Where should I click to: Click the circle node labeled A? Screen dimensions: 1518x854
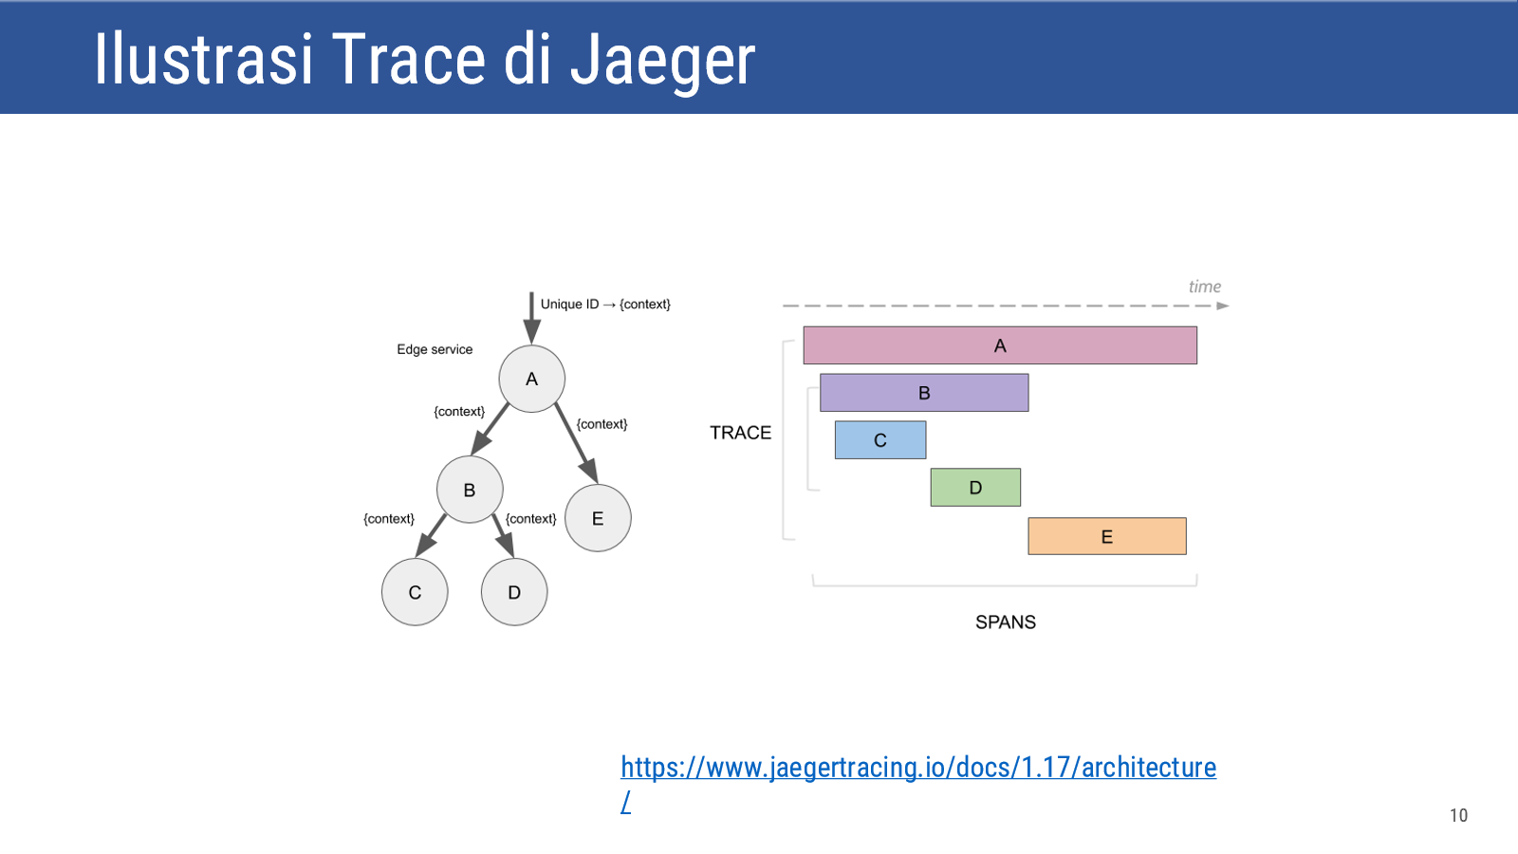click(532, 379)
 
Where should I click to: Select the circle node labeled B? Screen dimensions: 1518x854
click(470, 490)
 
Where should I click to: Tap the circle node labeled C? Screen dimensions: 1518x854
click(415, 592)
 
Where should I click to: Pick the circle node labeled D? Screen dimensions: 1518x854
click(514, 592)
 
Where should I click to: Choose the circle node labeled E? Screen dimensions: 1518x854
click(598, 518)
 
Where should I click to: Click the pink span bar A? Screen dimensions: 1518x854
click(1000, 345)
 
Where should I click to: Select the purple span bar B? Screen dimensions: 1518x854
click(924, 393)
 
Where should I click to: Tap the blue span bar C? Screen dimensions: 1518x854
click(880, 440)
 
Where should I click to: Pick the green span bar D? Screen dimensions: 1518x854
click(976, 488)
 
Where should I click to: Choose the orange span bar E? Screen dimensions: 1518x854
click(1107, 536)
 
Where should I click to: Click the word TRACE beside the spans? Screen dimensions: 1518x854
click(741, 433)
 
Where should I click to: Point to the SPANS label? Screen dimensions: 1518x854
click(1006, 622)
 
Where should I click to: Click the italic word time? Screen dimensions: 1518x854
click(1205, 287)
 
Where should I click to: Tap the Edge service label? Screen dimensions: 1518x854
click(435, 350)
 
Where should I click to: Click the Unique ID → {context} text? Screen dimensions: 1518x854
click(605, 305)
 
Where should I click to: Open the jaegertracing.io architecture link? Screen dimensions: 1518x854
click(918, 768)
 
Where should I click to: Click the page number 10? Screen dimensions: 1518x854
click(1459, 815)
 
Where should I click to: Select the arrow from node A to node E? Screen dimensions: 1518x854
click(576, 443)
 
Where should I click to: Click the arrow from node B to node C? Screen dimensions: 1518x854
click(431, 536)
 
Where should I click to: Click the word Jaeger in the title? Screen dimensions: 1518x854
click(662, 61)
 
